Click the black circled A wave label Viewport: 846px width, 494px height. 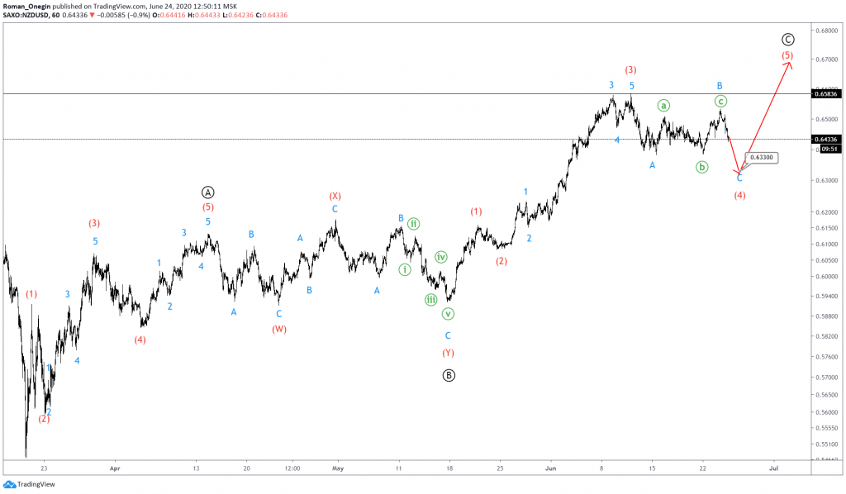pos(208,191)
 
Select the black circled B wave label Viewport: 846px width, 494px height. pos(448,374)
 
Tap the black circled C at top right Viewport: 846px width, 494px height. pos(788,40)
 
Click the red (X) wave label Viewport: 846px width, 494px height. pos(335,196)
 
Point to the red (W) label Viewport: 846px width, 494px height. pos(279,329)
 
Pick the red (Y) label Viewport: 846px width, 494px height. pos(448,353)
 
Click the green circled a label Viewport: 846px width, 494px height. pos(663,105)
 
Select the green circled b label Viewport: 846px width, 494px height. pos(701,167)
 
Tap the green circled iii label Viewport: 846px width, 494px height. pos(431,300)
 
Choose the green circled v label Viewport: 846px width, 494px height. pos(448,314)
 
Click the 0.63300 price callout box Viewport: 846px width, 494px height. pos(761,157)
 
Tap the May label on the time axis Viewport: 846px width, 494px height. pos(337,467)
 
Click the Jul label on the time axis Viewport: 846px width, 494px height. pos(774,467)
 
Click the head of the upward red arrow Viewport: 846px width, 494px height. pos(791,64)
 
